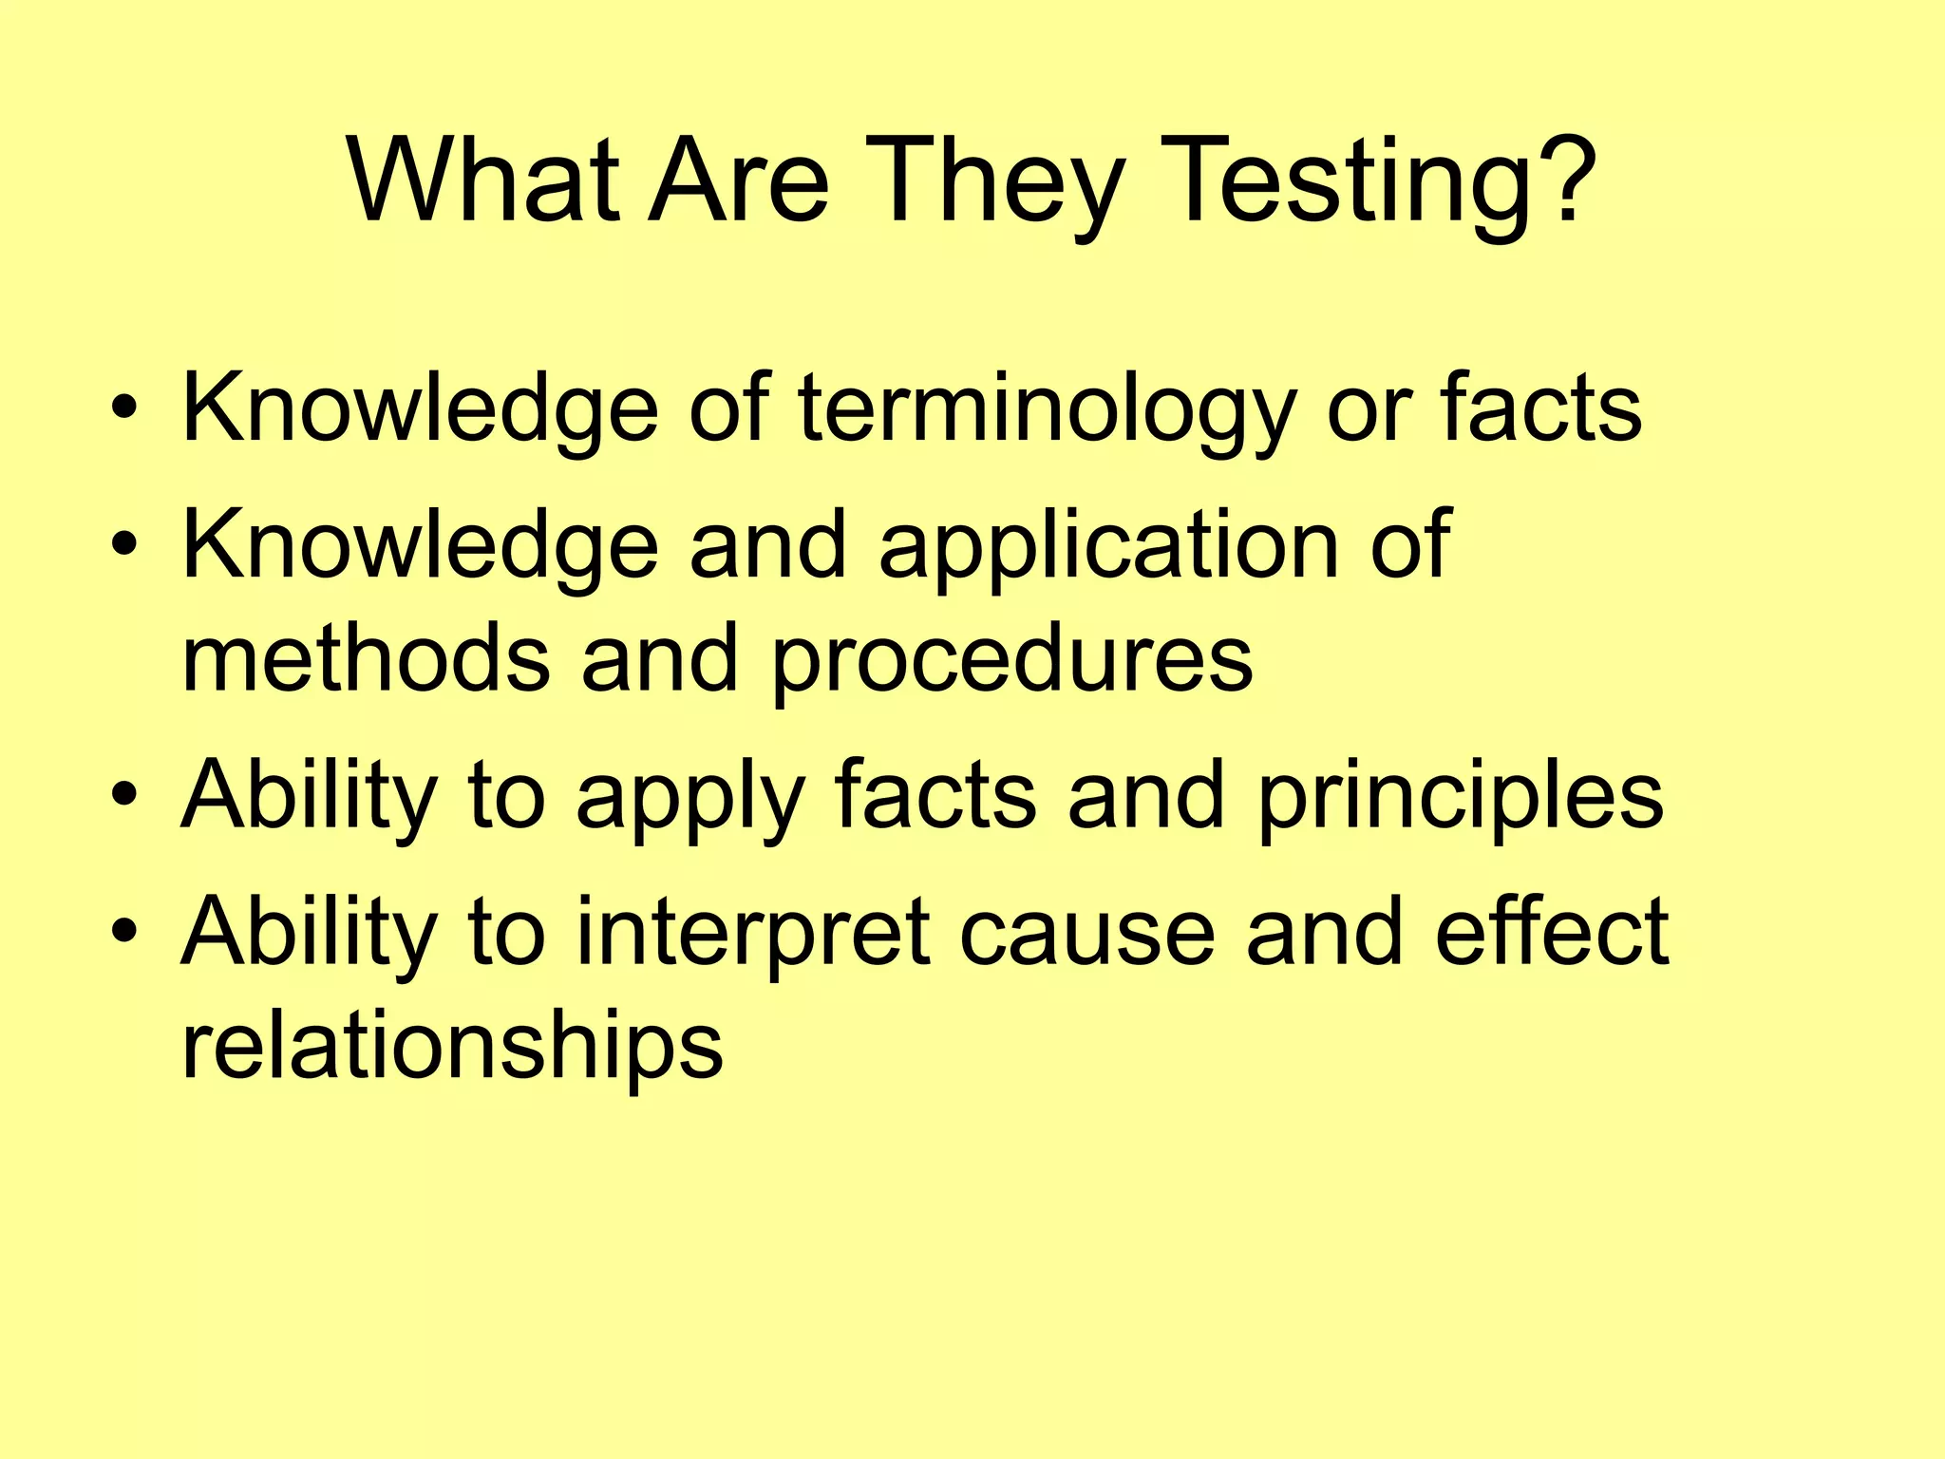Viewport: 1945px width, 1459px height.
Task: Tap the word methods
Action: click(x=366, y=657)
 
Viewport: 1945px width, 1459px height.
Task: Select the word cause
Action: click(x=1087, y=935)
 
